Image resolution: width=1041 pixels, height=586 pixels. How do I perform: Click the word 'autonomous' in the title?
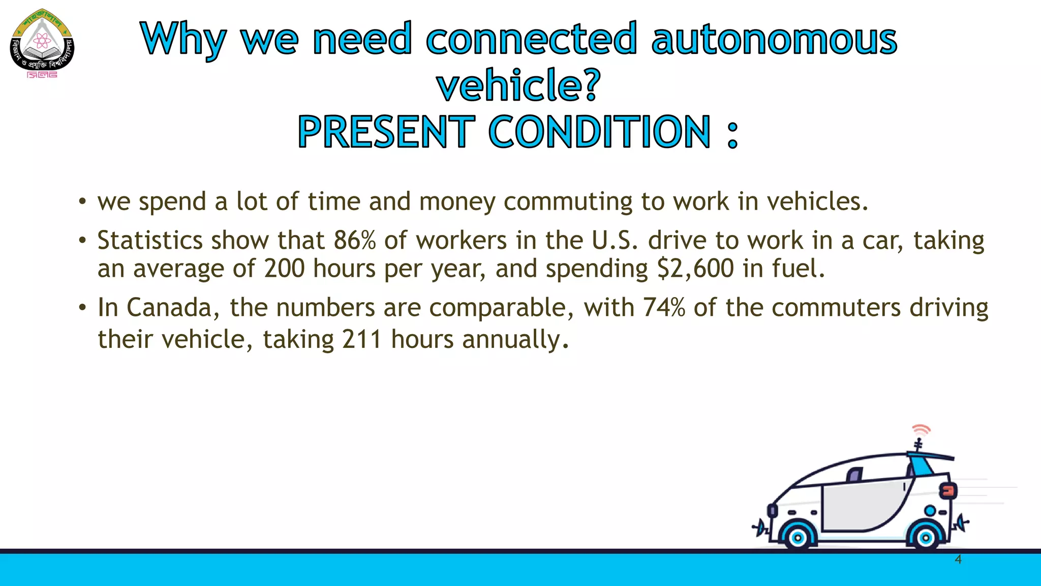tap(774, 39)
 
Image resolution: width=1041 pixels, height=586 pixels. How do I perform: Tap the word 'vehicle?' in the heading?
tap(518, 85)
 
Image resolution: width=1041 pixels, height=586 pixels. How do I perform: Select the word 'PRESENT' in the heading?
tap(386, 132)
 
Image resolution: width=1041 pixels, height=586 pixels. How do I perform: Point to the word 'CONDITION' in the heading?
tap(600, 132)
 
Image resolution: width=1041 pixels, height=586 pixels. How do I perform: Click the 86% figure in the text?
tap(354, 240)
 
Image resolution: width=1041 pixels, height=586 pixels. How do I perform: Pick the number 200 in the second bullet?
tap(284, 269)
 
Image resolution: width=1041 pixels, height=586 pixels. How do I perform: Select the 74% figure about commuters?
tap(664, 308)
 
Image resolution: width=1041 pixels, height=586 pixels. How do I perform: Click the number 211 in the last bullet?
tap(361, 339)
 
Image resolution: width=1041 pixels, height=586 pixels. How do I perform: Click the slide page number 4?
tap(958, 560)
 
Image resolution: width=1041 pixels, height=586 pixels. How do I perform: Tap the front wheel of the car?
tap(798, 537)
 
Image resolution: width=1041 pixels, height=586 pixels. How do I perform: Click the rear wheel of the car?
tap(926, 537)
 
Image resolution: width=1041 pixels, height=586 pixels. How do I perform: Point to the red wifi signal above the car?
tap(921, 430)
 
